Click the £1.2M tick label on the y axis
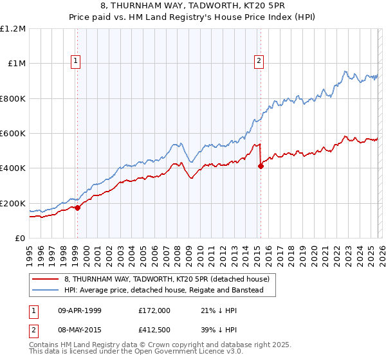[13, 29]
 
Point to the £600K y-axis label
[13, 134]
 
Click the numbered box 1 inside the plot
[76, 61]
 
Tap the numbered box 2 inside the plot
[259, 61]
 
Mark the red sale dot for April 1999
[77, 208]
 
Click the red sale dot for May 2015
[261, 166]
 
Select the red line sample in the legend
[46, 279]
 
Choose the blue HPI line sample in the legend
[46, 291]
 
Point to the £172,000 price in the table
[154, 310]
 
